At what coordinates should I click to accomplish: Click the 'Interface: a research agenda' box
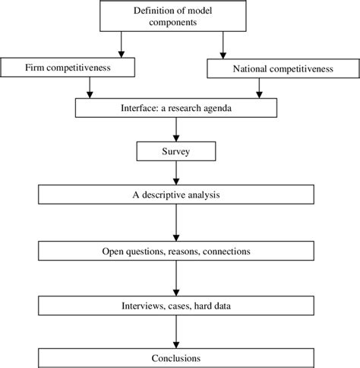click(176, 107)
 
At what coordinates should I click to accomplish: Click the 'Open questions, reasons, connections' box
click(176, 249)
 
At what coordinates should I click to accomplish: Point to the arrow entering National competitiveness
click(222, 49)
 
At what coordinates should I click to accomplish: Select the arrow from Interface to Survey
click(176, 128)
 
